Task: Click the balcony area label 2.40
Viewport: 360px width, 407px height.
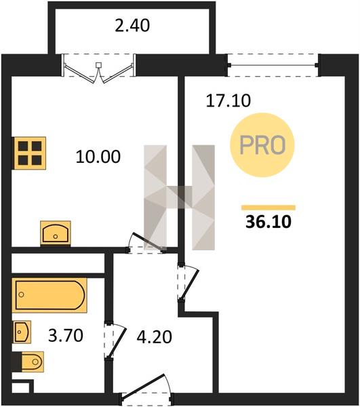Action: coord(132,26)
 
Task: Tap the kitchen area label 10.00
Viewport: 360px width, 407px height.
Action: coord(98,157)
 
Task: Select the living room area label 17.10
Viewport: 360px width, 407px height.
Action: coord(228,100)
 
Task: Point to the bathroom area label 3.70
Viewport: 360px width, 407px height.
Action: coord(66,335)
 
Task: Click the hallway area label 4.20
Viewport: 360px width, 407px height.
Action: coord(155,337)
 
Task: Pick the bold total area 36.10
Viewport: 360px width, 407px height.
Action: coord(268,222)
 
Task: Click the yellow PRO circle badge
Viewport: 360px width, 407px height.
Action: coord(262,145)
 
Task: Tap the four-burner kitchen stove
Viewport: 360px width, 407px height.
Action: coord(30,153)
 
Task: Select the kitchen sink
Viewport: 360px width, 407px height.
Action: coord(56,233)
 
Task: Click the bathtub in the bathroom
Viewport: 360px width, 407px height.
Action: coord(49,295)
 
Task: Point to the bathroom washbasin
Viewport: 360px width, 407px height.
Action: coord(22,332)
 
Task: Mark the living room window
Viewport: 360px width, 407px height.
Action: coord(273,65)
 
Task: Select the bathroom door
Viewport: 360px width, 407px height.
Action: coord(115,341)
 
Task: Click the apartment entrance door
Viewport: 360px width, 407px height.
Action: coord(146,390)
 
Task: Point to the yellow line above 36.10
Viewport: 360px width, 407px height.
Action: coord(268,208)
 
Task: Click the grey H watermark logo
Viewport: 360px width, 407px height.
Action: coord(179,197)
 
